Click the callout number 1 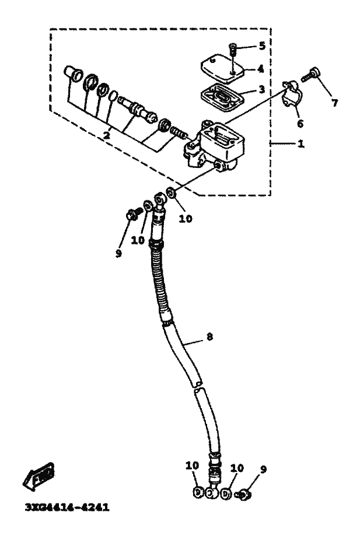click(x=300, y=143)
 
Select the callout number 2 click(x=107, y=135)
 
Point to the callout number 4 click(x=260, y=68)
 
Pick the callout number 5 click(x=262, y=45)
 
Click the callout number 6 click(x=300, y=123)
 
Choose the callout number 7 click(x=334, y=103)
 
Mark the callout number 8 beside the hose click(x=210, y=337)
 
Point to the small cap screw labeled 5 click(x=232, y=51)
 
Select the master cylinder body click(x=217, y=146)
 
